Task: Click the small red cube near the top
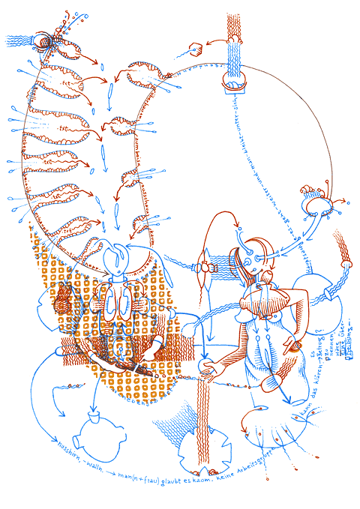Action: click(197, 52)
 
